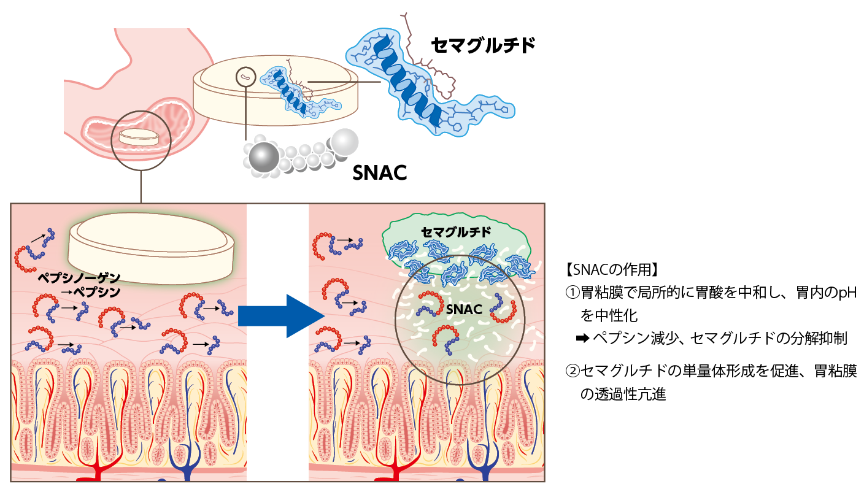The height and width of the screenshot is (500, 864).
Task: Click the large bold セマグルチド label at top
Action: click(x=483, y=45)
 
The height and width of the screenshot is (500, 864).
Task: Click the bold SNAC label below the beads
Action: click(x=380, y=174)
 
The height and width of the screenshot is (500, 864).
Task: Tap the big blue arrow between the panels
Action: click(x=279, y=315)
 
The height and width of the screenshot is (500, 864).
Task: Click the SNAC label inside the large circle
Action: click(x=464, y=309)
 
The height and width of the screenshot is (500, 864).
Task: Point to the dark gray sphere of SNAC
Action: click(x=263, y=158)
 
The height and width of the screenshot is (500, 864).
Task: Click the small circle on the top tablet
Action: click(x=245, y=77)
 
